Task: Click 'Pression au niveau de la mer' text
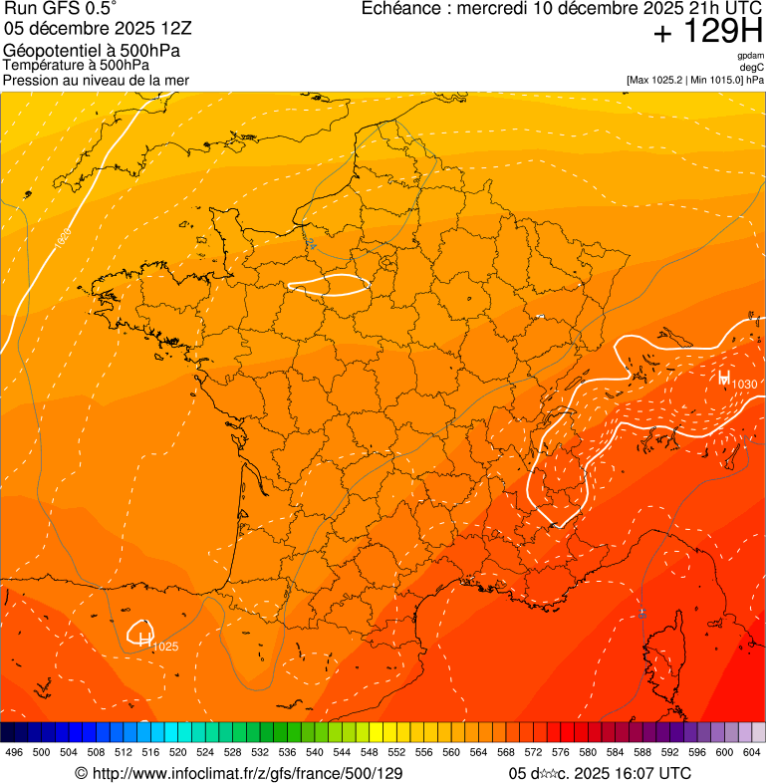tap(96, 80)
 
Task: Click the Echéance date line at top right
tap(562, 9)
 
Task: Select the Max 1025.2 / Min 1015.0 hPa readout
tap(694, 80)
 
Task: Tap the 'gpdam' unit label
tap(750, 57)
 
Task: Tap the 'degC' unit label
tap(752, 68)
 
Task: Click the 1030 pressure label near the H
tap(745, 385)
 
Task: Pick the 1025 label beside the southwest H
tap(165, 648)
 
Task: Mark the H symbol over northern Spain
tap(144, 639)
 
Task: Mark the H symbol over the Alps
tap(723, 379)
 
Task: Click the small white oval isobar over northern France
tap(329, 287)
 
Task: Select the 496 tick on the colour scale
tap(14, 753)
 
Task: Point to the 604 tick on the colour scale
tap(752, 753)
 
